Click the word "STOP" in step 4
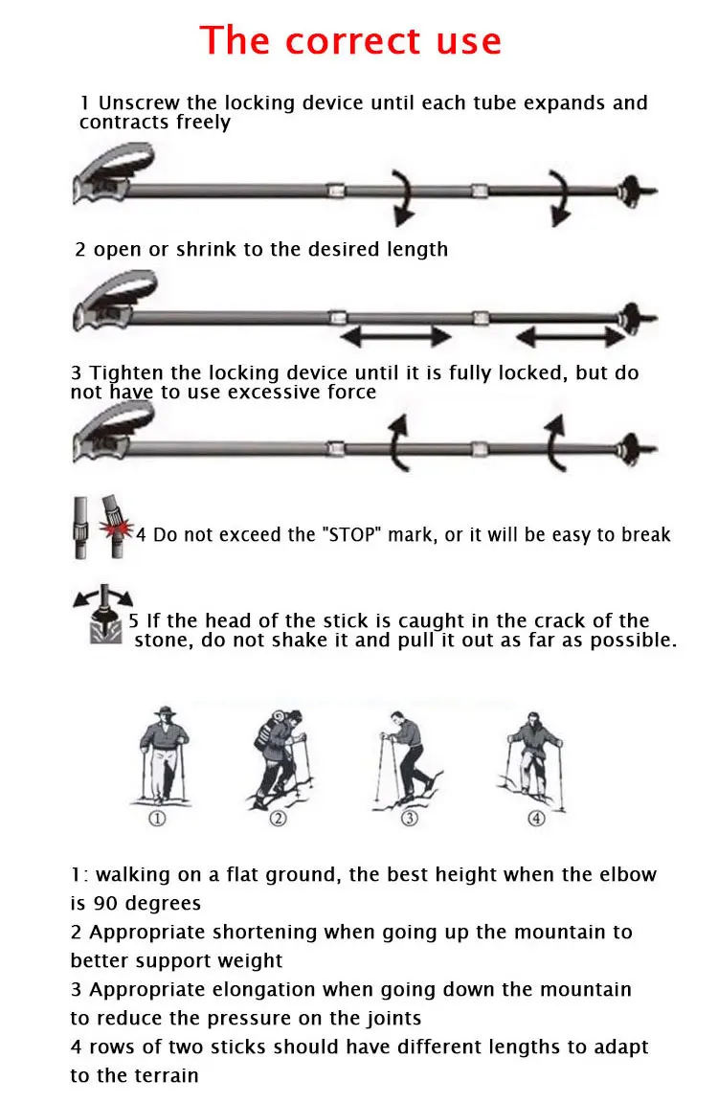coord(354,534)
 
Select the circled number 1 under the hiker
coord(157,819)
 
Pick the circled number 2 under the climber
coord(279,818)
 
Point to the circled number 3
coord(410,818)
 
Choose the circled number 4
coord(536,818)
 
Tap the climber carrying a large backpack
coord(280,757)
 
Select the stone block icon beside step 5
coord(105,627)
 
